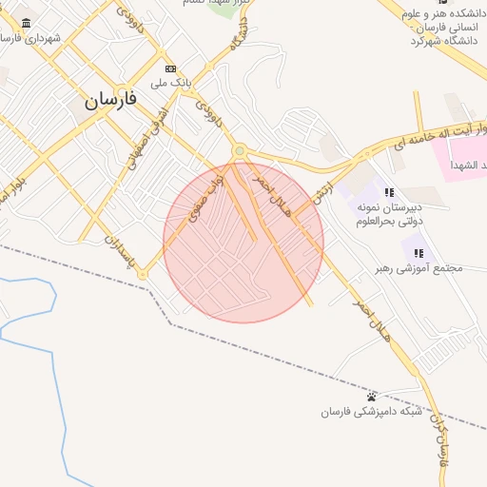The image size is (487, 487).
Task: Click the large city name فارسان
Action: click(110, 98)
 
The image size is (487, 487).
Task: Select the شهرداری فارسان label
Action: click(30, 39)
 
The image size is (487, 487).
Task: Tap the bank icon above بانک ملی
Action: click(171, 68)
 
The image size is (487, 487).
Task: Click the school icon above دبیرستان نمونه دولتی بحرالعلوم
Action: click(388, 192)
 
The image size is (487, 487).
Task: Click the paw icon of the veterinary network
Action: click(372, 396)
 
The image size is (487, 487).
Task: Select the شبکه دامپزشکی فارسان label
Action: click(371, 411)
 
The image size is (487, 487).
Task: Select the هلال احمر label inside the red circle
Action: click(268, 188)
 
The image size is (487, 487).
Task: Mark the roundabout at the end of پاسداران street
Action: click(143, 274)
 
